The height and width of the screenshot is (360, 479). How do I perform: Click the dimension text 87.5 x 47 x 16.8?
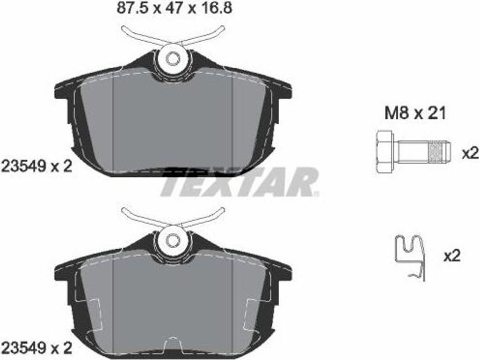pyautogui.click(x=174, y=8)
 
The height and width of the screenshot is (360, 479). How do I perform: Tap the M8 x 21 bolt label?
pyautogui.click(x=415, y=113)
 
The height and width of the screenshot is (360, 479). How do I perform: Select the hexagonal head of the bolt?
pyautogui.click(x=385, y=151)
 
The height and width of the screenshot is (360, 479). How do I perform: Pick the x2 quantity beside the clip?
pyautogui.click(x=452, y=255)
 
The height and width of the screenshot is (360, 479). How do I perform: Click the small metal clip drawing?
pyautogui.click(x=410, y=257)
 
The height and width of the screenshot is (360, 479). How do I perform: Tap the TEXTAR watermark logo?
pyautogui.click(x=239, y=182)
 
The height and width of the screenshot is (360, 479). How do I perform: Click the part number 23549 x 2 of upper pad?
pyautogui.click(x=36, y=166)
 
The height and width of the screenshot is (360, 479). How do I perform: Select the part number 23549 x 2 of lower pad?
pyautogui.click(x=36, y=347)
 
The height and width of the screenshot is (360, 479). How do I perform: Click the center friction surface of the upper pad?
pyautogui.click(x=173, y=122)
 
